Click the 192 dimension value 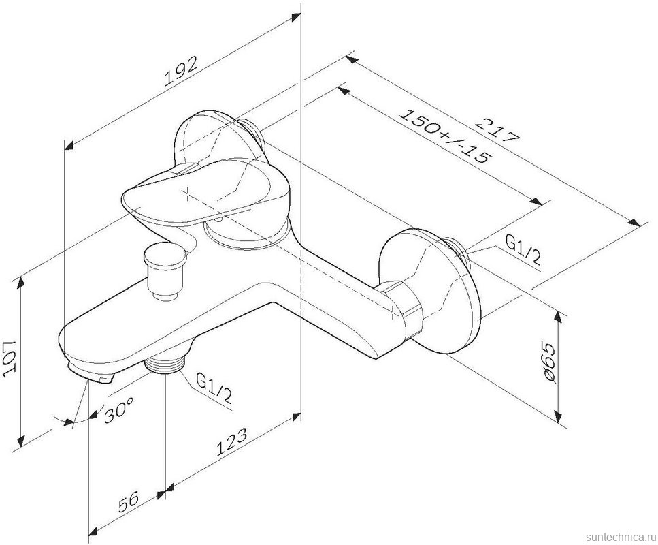(x=182, y=72)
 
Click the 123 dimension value (x=232, y=443)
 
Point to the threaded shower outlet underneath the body (x=165, y=366)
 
